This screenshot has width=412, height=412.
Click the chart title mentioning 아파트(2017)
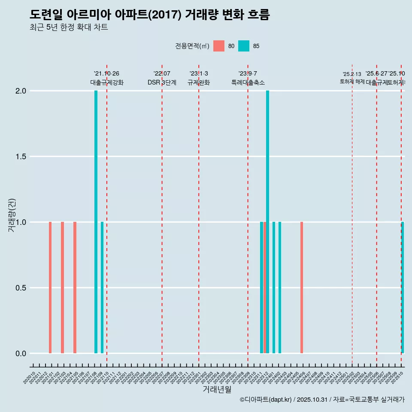150,15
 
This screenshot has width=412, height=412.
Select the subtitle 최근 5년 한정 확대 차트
69,27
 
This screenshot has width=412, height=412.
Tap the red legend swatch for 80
219,46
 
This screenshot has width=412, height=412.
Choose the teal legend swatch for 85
244,46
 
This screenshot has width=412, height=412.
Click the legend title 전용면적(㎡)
192,46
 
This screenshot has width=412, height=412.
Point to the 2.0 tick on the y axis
21,91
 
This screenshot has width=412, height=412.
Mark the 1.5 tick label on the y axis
21,157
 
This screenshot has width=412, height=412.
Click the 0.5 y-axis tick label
21,288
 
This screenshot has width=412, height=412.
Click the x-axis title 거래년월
217,389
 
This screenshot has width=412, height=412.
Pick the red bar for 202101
50,288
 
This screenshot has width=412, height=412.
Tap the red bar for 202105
75,288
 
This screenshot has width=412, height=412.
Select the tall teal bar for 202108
96,222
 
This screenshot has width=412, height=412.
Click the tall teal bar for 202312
267,222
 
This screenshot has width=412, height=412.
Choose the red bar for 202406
302,288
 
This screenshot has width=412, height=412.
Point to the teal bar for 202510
403,288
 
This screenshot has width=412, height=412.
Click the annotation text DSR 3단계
162,82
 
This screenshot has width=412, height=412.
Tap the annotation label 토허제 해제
352,81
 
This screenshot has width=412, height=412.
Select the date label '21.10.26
106,73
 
